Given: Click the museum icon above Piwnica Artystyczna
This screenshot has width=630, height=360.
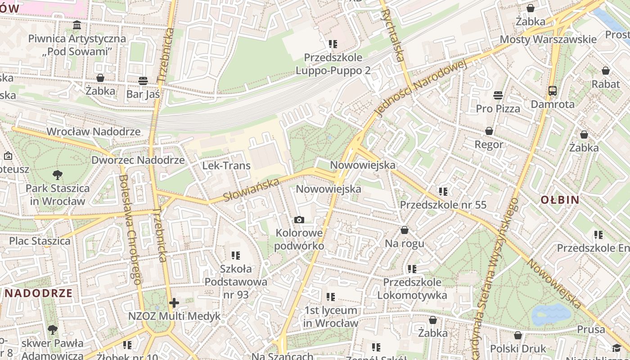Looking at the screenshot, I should [x=77, y=25].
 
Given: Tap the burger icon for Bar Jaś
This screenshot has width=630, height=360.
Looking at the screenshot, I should [x=143, y=81].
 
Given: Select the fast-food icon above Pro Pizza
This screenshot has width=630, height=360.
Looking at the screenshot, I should [x=498, y=95].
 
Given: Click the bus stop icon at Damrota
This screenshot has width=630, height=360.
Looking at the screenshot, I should [x=553, y=91].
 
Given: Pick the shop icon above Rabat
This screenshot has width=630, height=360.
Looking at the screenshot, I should [x=606, y=71].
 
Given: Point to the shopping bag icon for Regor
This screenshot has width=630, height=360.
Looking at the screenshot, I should [x=489, y=131].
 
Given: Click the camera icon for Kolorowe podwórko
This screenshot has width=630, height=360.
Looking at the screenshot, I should [x=299, y=220].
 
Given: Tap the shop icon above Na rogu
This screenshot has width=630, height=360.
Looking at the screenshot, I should [x=405, y=230].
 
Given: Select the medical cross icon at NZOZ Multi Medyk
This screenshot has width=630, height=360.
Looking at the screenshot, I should [x=174, y=303].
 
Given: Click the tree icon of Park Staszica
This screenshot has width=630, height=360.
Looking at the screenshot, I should [x=57, y=175].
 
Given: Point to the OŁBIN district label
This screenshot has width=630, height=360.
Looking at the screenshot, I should [x=560, y=200].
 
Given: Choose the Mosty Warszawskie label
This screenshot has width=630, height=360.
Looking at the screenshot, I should [x=548, y=39].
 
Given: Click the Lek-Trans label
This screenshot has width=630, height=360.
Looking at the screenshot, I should [x=226, y=166].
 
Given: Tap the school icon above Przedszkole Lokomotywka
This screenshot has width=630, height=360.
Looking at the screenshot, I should [x=412, y=269].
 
